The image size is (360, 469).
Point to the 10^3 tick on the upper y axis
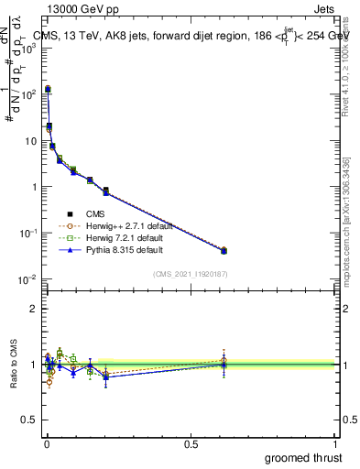point(27,49)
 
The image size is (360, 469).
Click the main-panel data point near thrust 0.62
point(224,250)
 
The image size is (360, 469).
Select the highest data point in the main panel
point(48,89)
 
